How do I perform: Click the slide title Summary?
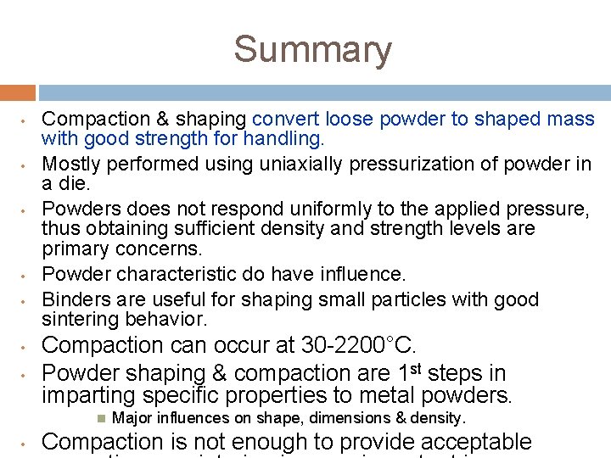[x=312, y=49]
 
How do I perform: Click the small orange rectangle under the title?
[x=17, y=92]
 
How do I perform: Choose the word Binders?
[x=71, y=299]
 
